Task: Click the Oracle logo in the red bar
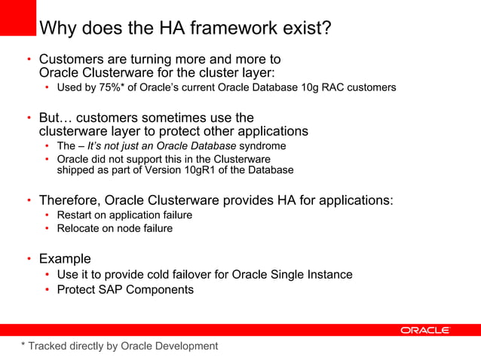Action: (425, 330)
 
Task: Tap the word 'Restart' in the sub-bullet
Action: (76, 215)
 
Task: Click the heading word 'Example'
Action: (65, 259)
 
